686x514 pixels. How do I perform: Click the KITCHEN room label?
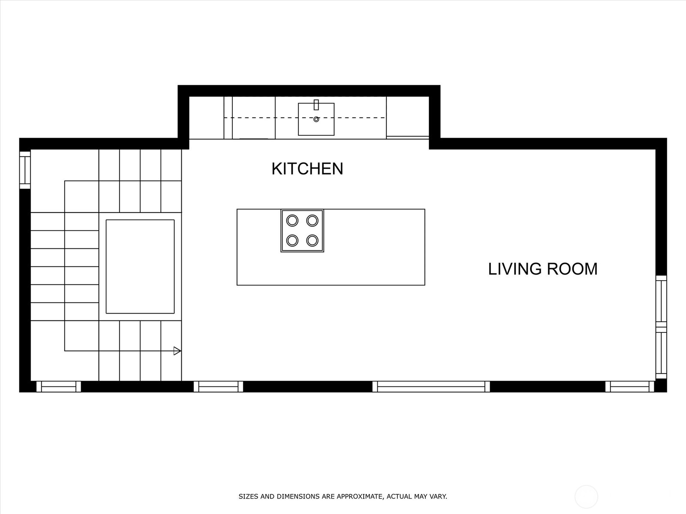click(x=307, y=169)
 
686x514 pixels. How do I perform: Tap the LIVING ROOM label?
click(x=543, y=269)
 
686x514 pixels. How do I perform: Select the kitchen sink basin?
click(x=316, y=124)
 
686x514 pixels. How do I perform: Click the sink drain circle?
click(x=316, y=120)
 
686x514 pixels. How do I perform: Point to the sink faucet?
click(x=316, y=105)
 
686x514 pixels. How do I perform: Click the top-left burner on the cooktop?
click(x=292, y=221)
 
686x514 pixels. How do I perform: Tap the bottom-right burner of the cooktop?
click(x=312, y=240)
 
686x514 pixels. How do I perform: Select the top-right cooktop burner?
click(x=312, y=221)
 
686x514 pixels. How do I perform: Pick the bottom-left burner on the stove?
click(x=292, y=240)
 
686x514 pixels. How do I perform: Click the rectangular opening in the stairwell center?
click(x=140, y=266)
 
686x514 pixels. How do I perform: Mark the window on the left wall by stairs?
click(x=25, y=170)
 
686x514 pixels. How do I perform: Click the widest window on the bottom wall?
click(x=431, y=386)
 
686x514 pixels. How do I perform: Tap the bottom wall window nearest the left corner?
click(x=58, y=386)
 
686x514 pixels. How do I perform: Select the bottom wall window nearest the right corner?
click(x=629, y=386)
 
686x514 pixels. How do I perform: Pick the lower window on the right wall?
click(x=661, y=354)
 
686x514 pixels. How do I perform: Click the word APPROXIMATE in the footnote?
click(x=359, y=497)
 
